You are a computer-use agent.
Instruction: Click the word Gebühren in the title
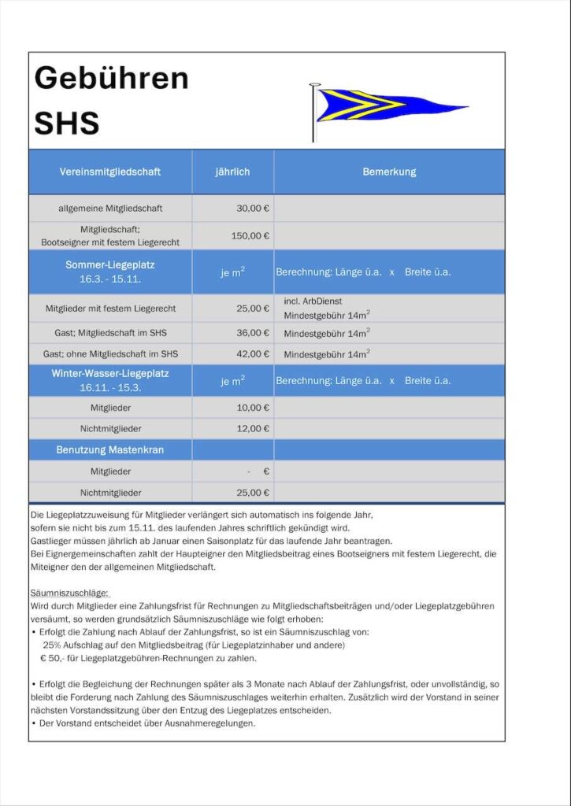(x=111, y=79)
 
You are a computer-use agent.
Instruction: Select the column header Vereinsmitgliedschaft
(x=110, y=172)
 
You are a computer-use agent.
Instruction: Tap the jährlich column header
(x=232, y=172)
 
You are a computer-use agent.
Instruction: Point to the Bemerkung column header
(x=389, y=172)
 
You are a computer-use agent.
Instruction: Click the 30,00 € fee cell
(x=253, y=209)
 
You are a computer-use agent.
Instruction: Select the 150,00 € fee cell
(x=250, y=235)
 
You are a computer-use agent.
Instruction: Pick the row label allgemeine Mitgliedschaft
(x=110, y=209)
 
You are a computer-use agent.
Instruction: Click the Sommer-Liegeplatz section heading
(x=110, y=265)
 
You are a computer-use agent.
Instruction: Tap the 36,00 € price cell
(x=253, y=333)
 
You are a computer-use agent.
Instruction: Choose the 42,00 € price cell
(x=253, y=353)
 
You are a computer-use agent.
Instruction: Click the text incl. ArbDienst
(x=313, y=301)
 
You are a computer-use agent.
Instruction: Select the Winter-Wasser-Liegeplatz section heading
(x=110, y=373)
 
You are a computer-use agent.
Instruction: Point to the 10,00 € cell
(x=253, y=408)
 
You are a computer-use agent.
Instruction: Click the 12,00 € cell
(x=253, y=429)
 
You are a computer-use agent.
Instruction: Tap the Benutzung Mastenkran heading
(x=110, y=450)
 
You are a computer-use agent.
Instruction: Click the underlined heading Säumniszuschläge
(x=69, y=592)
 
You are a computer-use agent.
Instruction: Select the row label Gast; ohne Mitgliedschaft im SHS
(x=110, y=353)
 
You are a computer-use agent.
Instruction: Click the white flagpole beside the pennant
(x=313, y=114)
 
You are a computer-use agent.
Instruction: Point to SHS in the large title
(x=67, y=124)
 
